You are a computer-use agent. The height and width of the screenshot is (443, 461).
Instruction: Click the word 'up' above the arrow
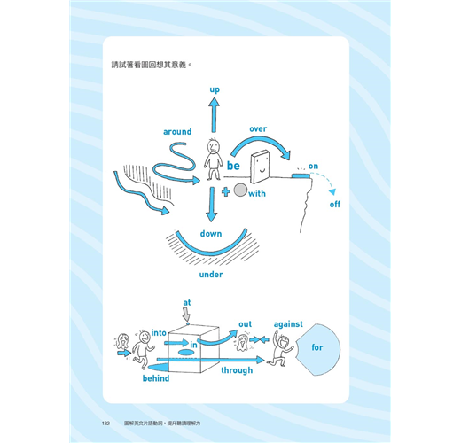click(x=215, y=89)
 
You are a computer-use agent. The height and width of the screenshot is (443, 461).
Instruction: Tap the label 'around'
click(x=177, y=131)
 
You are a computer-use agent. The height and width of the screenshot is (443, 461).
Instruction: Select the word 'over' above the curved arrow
click(x=258, y=129)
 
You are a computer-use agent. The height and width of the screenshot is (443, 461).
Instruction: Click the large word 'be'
click(x=233, y=166)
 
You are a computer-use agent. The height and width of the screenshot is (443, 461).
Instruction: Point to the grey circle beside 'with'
click(x=240, y=190)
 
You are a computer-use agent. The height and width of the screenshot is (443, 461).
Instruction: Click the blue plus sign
click(x=226, y=191)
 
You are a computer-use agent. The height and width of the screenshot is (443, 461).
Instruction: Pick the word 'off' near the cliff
click(x=335, y=204)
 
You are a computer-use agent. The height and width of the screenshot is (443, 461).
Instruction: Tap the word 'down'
click(x=211, y=234)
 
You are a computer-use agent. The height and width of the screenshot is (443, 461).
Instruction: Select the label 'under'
click(x=211, y=275)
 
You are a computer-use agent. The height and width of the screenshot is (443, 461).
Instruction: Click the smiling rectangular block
click(x=260, y=167)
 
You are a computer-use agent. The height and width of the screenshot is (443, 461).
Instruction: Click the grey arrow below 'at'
click(x=186, y=315)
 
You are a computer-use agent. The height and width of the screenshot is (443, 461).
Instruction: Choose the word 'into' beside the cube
click(x=159, y=333)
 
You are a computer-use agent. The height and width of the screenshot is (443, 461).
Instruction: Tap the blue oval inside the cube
click(x=185, y=352)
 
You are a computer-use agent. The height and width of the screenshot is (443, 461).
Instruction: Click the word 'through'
click(x=237, y=370)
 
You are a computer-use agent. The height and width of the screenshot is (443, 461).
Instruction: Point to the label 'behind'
click(x=156, y=378)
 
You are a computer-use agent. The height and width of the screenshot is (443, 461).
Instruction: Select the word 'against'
click(x=288, y=324)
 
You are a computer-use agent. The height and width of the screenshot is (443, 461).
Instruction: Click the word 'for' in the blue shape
click(x=317, y=347)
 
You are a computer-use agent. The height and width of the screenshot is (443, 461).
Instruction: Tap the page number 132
click(x=105, y=424)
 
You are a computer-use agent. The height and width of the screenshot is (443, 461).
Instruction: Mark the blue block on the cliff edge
click(x=301, y=175)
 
